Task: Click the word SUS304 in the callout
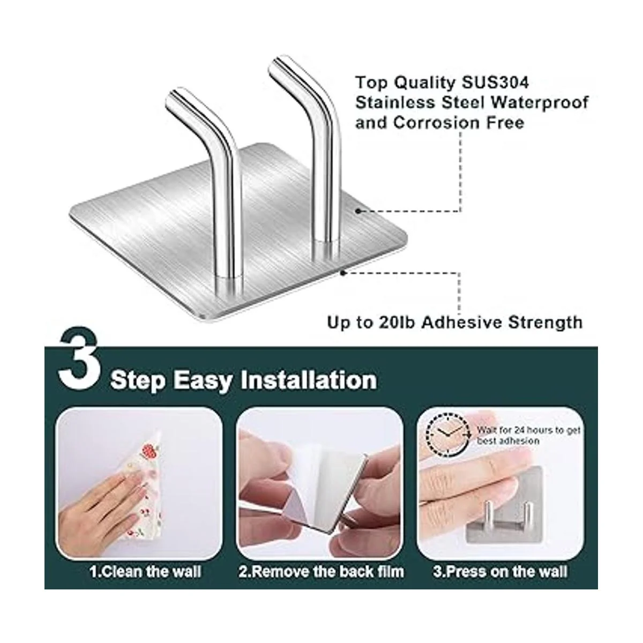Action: click(x=495, y=83)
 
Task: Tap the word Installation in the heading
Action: click(x=309, y=380)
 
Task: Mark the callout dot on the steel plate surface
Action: click(x=358, y=211)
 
